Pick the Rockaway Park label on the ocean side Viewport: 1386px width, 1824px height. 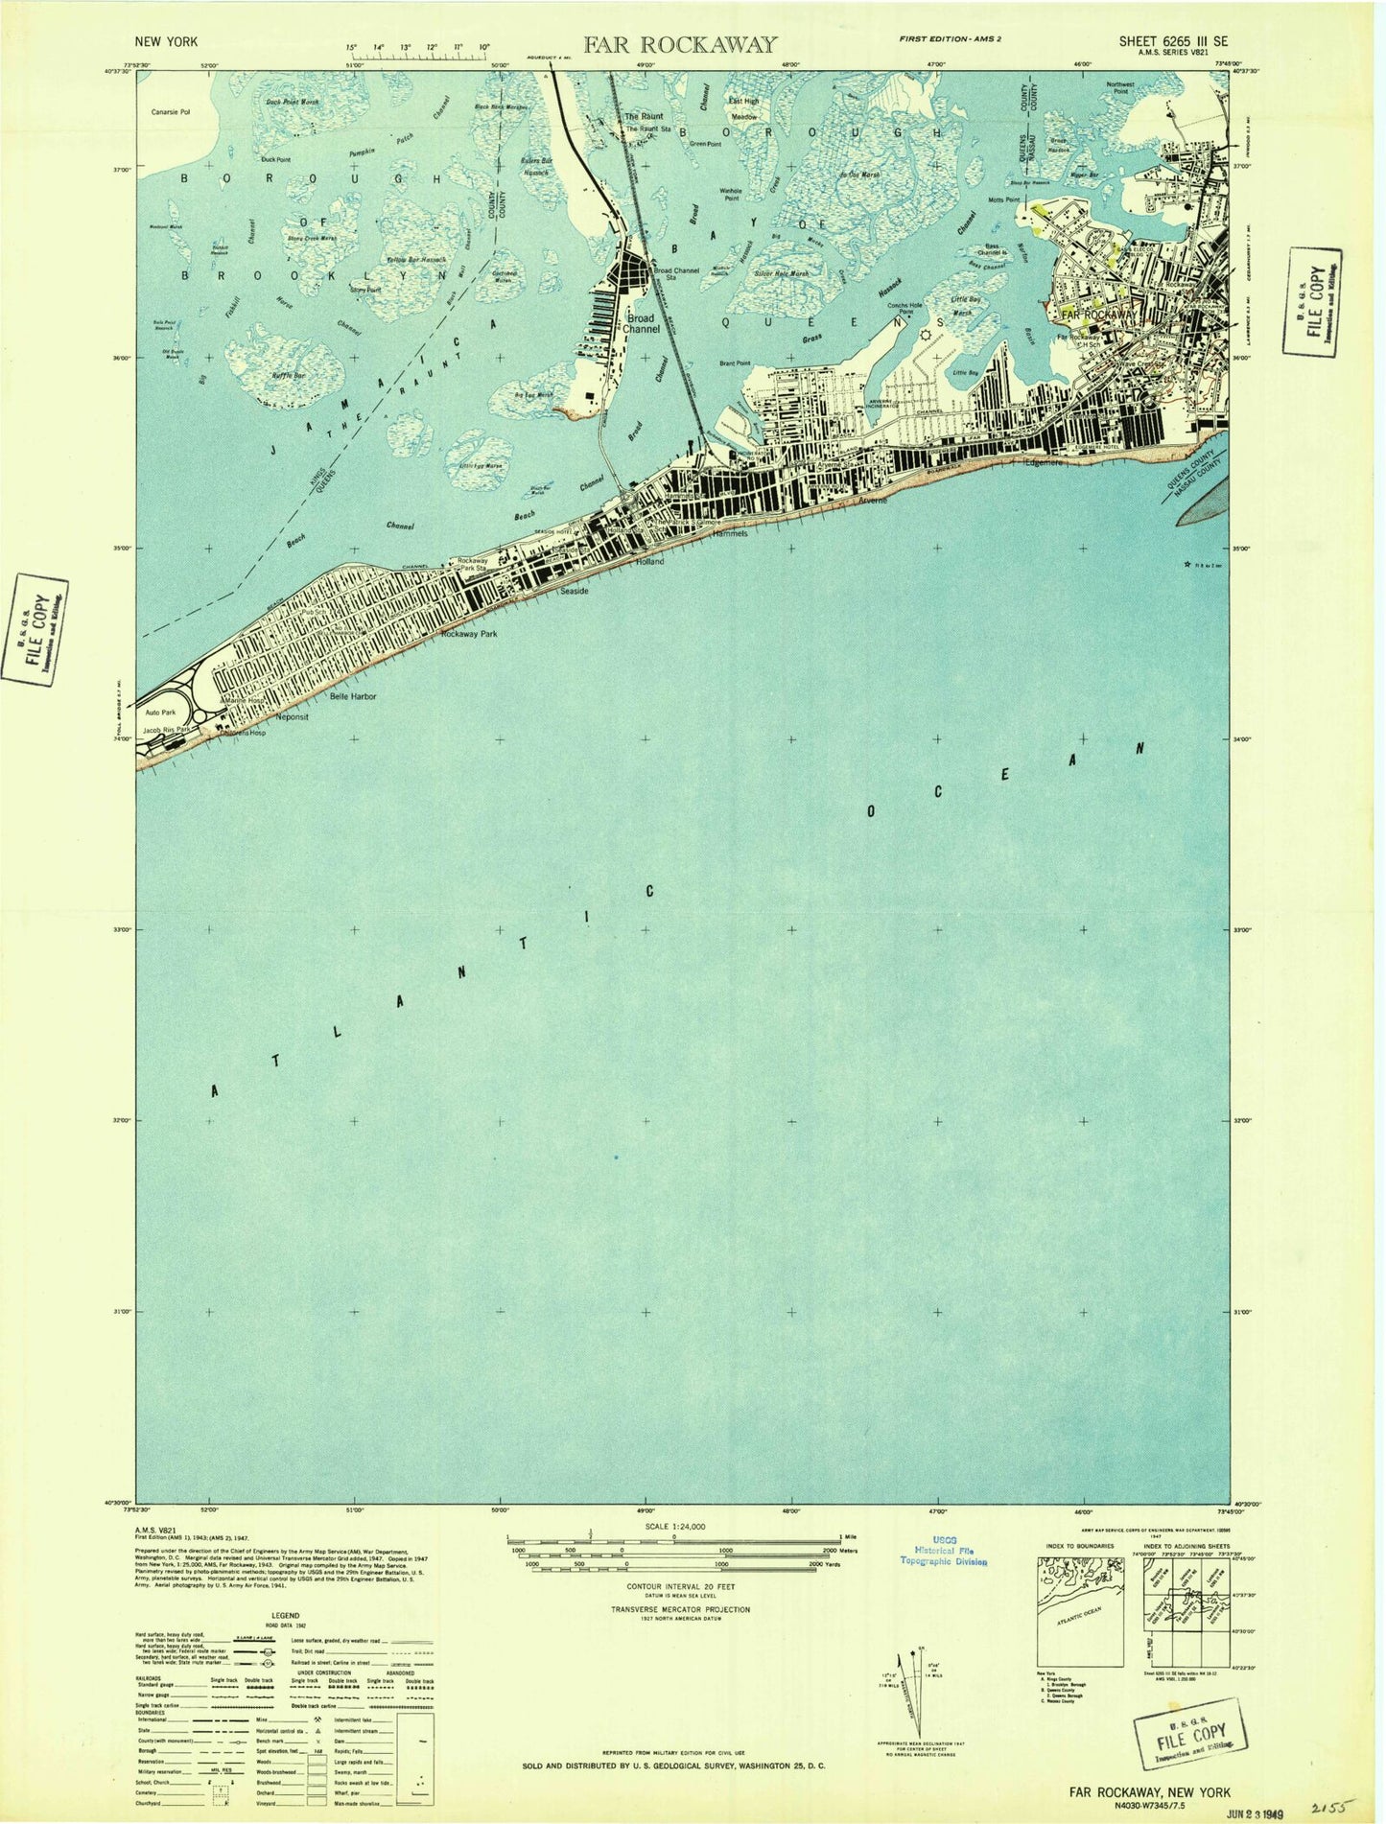pos(469,634)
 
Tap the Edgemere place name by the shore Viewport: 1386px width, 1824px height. pos(1045,461)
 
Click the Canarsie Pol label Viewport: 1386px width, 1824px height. pos(171,112)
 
